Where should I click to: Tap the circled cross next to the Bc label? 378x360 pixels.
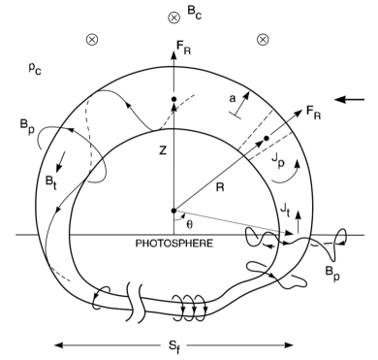[x=174, y=16]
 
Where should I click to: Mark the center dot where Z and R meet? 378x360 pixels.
[x=174, y=210]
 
